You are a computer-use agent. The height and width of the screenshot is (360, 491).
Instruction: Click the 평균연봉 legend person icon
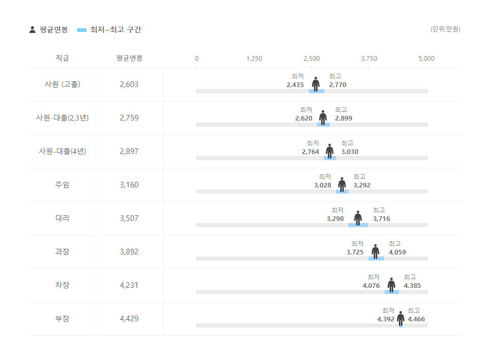[x=32, y=30]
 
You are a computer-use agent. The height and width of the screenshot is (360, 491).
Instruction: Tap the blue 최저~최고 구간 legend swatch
[x=82, y=30]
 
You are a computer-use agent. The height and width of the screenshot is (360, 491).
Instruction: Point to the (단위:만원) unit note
[x=445, y=29]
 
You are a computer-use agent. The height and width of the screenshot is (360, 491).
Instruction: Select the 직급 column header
[x=62, y=58]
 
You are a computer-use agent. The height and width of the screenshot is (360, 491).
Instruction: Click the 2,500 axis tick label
[x=311, y=59]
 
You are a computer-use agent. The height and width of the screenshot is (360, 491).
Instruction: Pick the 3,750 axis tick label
[x=369, y=59]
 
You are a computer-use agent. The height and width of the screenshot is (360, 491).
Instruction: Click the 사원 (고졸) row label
[x=62, y=84]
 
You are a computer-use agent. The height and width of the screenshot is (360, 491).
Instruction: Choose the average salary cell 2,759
[x=129, y=118]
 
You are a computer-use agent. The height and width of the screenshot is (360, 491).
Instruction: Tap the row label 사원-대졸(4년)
[x=62, y=151]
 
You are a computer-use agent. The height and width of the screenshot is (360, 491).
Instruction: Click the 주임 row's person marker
[x=342, y=184]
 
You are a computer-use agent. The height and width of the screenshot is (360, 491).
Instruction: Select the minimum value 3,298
[x=335, y=218]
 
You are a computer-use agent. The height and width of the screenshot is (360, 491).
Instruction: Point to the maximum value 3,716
[x=381, y=218]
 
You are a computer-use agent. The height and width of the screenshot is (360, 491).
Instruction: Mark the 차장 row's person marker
[x=392, y=284]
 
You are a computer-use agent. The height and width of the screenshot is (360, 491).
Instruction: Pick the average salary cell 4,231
[x=129, y=285]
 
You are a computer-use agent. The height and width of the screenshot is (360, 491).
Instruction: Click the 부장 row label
[x=62, y=319]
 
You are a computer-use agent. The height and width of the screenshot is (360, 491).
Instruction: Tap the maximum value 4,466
[x=416, y=319]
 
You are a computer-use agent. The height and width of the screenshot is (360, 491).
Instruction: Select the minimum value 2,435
[x=295, y=84]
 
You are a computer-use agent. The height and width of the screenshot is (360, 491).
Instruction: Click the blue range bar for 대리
[x=358, y=225]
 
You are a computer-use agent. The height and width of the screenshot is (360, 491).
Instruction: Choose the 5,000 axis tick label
[x=427, y=59]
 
